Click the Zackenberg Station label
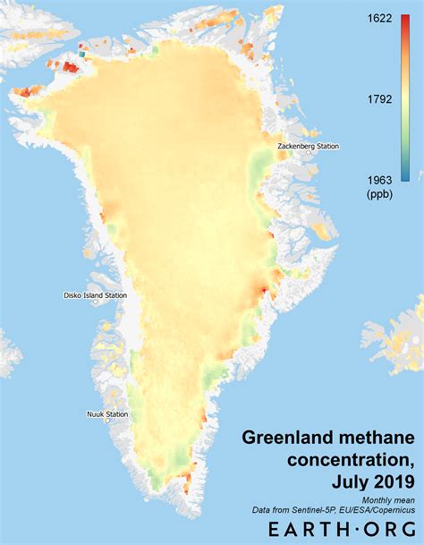pyautogui.click(x=309, y=146)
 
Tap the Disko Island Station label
pyautogui.click(x=95, y=295)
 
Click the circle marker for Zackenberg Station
pyautogui.click(x=310, y=154)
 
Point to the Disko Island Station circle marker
pyautogui.click(x=96, y=303)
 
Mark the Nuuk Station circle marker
pyautogui.click(x=106, y=422)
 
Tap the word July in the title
pyautogui.click(x=350, y=483)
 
